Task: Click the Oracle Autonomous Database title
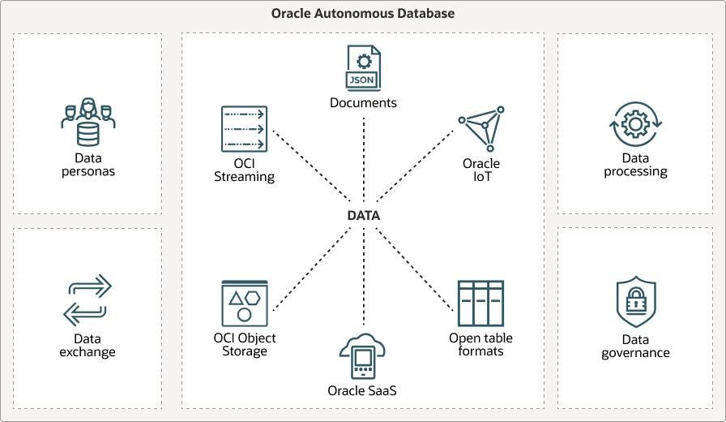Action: [362, 14]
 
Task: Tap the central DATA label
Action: [364, 216]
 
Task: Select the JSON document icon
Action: [364, 67]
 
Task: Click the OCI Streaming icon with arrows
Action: [244, 129]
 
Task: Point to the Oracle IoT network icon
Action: [481, 129]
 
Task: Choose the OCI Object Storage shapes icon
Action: [245, 304]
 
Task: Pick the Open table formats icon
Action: [480, 304]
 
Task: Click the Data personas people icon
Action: [88, 122]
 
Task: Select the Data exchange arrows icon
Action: [88, 300]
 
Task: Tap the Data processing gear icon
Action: [635, 124]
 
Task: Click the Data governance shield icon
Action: [636, 302]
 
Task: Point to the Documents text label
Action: [363, 102]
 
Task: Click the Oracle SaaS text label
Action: [362, 391]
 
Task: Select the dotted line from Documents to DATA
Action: [364, 159]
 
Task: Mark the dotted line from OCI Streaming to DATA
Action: [311, 166]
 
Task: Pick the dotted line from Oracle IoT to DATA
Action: [415, 166]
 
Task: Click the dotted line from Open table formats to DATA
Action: [415, 269]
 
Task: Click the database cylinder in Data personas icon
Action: [88, 134]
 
